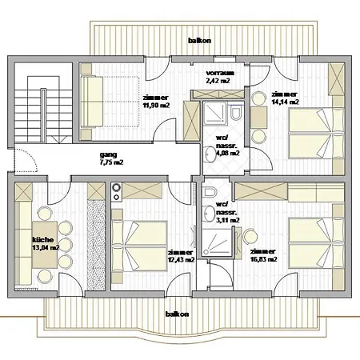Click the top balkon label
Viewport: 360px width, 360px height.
tap(199, 41)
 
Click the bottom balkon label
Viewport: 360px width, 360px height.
tap(178, 314)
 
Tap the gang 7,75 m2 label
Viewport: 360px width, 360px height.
tap(111, 158)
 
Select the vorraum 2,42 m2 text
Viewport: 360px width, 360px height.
tap(220, 77)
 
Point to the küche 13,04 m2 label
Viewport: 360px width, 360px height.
tap(46, 243)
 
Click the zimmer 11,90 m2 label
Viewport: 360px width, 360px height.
tap(156, 102)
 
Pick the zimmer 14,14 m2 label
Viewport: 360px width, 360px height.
tap(285, 98)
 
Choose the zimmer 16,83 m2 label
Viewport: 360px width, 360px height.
tap(264, 255)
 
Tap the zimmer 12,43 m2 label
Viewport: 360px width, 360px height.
tap(181, 256)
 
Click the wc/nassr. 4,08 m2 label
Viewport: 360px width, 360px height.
tap(227, 146)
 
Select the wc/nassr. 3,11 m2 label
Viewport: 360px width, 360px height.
tap(227, 212)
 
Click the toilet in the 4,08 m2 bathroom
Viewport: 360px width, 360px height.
tap(236, 114)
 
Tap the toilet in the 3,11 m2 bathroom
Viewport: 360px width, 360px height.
tap(209, 192)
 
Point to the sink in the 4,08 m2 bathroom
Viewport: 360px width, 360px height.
tap(210, 154)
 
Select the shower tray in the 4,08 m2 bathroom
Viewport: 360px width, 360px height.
tap(215, 113)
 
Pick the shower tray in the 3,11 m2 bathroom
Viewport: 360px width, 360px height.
tap(217, 242)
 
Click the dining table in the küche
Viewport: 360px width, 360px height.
tap(45, 245)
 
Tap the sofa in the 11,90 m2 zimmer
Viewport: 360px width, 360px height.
tap(92, 101)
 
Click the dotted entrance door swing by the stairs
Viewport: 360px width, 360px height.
tap(26, 160)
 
